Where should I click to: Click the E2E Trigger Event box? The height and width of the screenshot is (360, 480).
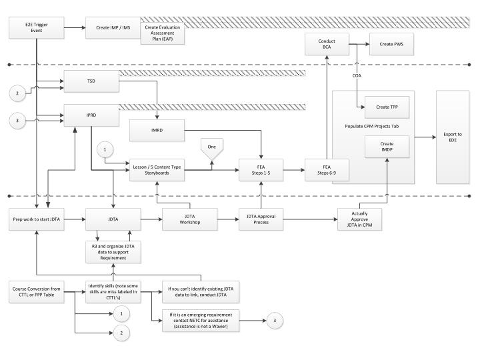click(36, 29)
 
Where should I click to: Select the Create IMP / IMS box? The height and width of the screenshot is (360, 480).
click(113, 28)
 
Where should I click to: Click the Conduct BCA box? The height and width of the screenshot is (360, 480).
click(327, 45)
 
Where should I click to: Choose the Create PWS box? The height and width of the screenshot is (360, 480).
click(391, 45)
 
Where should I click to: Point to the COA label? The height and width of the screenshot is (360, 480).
click(357, 75)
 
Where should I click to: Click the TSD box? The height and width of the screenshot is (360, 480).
click(91, 81)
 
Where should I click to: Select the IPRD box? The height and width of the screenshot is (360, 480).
click(91, 115)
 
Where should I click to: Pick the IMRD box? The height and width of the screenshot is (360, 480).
click(157, 130)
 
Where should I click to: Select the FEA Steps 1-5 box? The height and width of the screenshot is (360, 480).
click(261, 171)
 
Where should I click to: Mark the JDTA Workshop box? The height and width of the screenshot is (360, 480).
click(189, 219)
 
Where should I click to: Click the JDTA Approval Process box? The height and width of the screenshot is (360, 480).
click(261, 219)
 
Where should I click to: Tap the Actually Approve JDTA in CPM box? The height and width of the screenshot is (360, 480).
click(359, 219)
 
